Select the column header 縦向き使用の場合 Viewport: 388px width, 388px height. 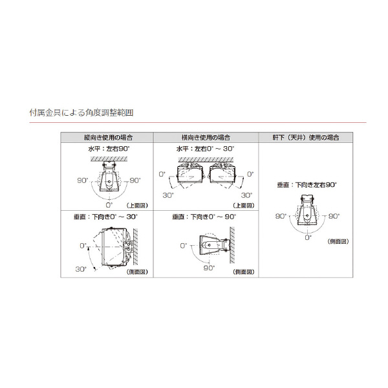coord(108,138)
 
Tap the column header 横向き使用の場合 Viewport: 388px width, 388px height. coord(206,138)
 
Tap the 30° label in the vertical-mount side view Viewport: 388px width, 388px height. coord(80,268)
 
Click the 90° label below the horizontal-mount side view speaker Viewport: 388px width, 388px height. coord(208,268)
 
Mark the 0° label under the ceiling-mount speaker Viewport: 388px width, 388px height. coord(308,238)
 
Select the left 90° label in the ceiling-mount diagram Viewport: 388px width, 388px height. coord(281,217)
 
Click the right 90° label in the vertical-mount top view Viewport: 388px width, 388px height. coord(135,180)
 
